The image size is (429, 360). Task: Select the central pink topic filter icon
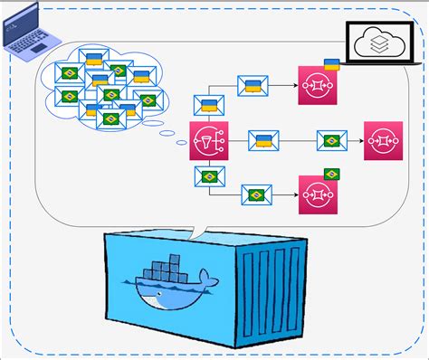click(208, 140)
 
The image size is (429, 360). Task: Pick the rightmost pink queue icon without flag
click(383, 140)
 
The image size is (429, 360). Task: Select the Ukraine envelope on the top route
click(253, 86)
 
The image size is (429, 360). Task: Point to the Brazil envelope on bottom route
click(258, 194)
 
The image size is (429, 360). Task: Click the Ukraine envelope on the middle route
click(263, 140)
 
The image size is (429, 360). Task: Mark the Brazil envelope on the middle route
click(332, 140)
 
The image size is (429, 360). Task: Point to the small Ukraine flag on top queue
click(331, 64)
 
